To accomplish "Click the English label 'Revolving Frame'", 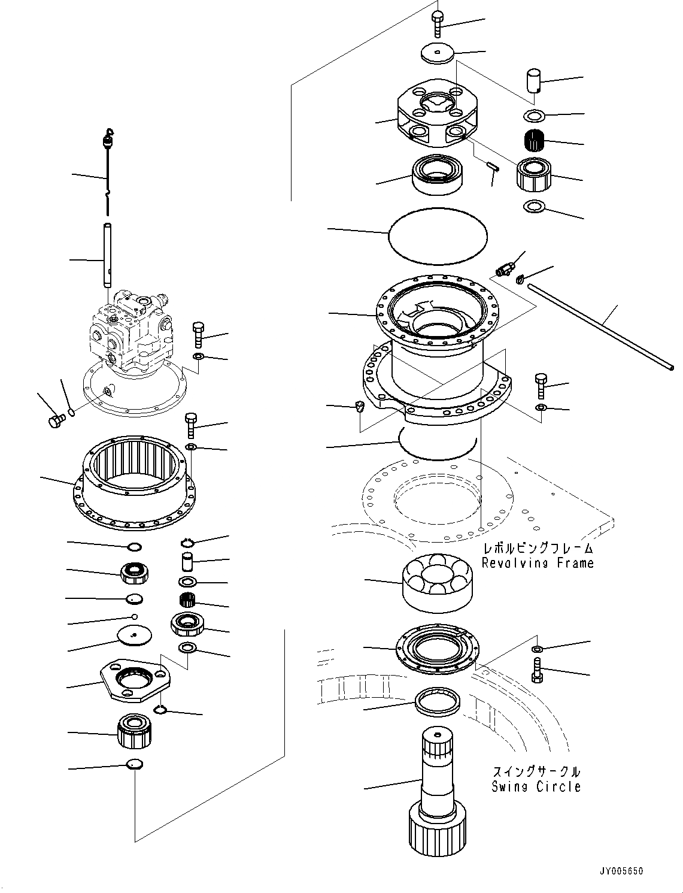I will coord(538,563).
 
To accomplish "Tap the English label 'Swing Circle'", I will coord(536,787).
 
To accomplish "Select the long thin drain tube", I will coord(605,328).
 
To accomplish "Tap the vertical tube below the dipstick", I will coord(107,255).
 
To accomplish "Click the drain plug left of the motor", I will coord(56,420).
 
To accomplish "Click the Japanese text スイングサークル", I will coord(536,771).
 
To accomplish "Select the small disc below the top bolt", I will coord(438,55).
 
